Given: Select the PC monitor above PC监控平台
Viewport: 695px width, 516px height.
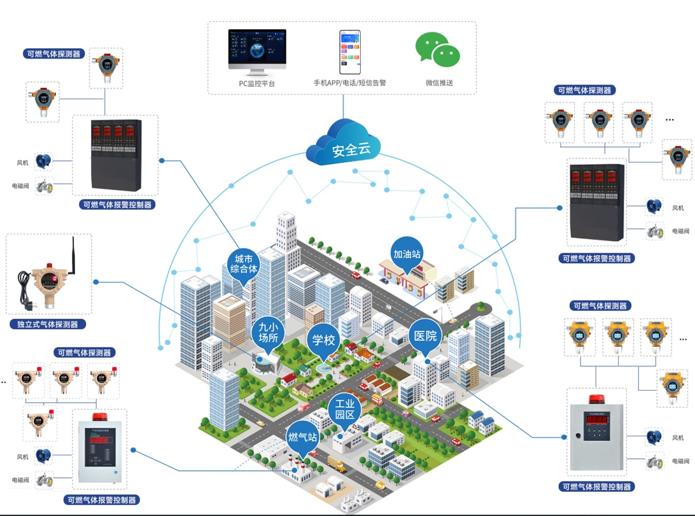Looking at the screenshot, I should coord(257,52).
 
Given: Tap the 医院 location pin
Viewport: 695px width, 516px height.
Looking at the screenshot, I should coord(426,335).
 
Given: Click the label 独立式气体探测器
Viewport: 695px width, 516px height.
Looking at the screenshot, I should coord(48,324).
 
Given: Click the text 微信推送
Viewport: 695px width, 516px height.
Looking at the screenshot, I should coord(439,83).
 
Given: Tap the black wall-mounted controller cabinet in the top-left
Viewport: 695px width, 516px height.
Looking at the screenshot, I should coord(115,155).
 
